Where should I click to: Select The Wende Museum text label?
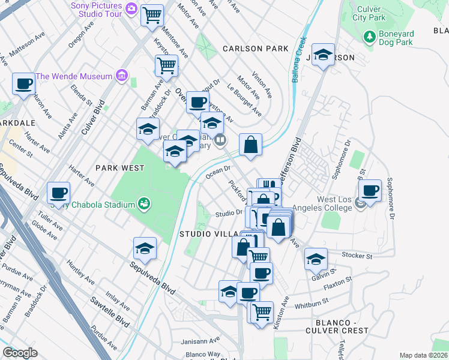tap(74, 76)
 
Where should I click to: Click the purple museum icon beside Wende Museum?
tap(122, 76)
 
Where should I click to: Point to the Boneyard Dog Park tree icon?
tap(370, 37)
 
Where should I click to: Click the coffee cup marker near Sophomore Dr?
tap(370, 191)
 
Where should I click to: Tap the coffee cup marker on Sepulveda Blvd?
tap(58, 193)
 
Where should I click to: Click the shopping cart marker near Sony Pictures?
tap(152, 15)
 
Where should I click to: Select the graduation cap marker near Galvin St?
tap(316, 259)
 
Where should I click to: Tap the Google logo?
tap(20, 353)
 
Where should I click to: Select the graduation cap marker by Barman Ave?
tap(148, 128)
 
